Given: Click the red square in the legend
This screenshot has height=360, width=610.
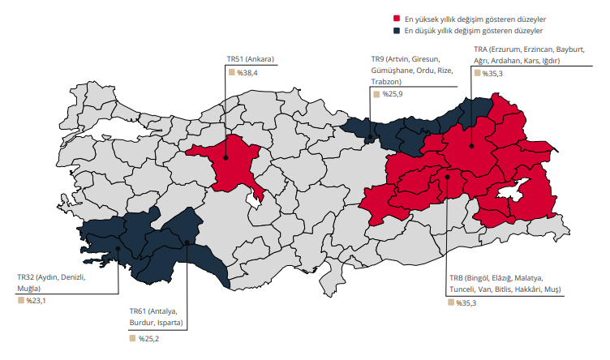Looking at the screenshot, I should coord(397,18).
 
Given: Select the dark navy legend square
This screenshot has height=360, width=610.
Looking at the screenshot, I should coord(397,31).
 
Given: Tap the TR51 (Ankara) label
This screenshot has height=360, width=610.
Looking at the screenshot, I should coord(251,58).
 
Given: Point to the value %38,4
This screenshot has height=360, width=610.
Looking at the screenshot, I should coord(247,73).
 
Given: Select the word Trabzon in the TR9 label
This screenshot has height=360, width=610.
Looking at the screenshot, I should coord(386,82).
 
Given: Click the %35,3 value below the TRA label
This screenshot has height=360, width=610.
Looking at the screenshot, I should coord(492,74).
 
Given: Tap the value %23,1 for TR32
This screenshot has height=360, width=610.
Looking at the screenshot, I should coord(36,301).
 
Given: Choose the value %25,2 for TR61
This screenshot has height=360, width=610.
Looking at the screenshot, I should coord(148,338).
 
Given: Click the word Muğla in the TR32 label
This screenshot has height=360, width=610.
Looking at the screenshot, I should coord(29,289).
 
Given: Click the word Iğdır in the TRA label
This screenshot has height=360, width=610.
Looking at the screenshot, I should coord(548,62).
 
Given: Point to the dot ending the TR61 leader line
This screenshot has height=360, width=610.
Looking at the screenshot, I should coord(187,242).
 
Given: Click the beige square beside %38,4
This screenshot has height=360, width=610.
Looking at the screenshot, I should coord(230,73).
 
